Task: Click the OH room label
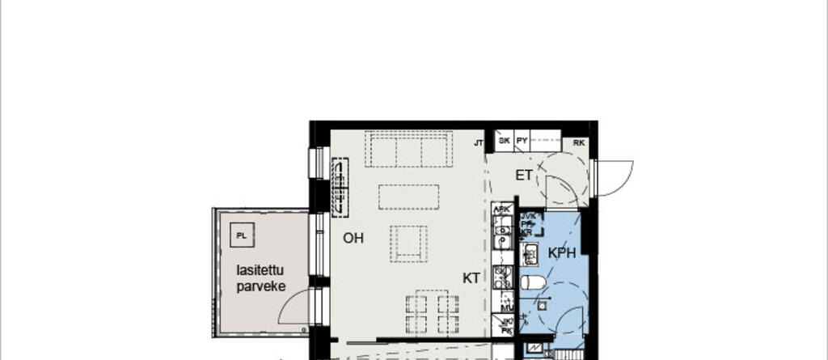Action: (x=353, y=238)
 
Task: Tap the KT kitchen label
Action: (x=471, y=277)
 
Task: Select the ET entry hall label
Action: (x=524, y=175)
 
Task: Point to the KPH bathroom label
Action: (x=562, y=253)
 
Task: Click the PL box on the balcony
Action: (x=241, y=235)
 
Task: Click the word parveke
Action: (x=261, y=286)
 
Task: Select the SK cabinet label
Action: (x=504, y=141)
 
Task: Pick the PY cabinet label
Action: (x=522, y=141)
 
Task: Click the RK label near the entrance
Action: (x=579, y=142)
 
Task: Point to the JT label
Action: (x=479, y=142)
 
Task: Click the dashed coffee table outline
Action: (x=408, y=197)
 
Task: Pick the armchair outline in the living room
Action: (x=408, y=243)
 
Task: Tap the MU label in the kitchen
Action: (x=507, y=308)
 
